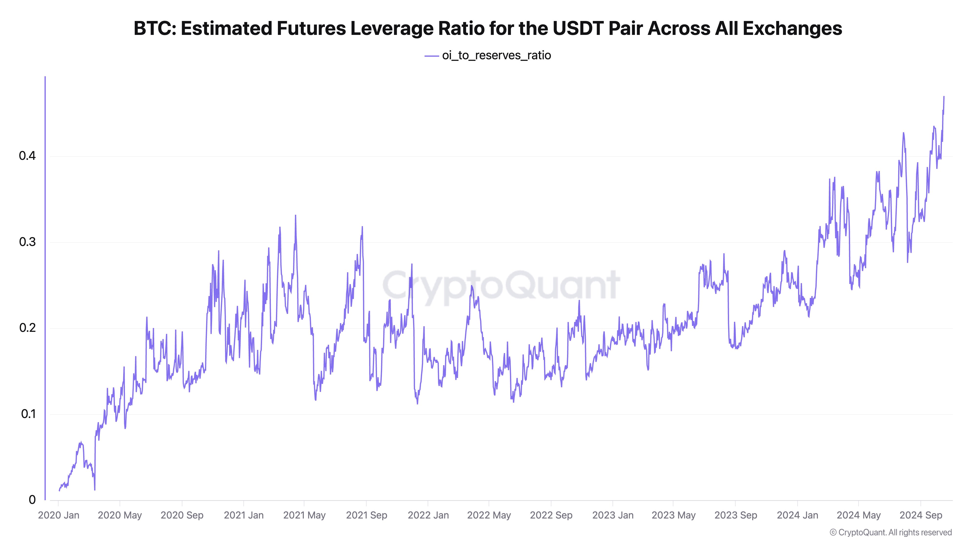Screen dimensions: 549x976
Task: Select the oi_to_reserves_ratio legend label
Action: click(496, 56)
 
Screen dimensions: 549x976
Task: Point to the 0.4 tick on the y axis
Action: click(27, 156)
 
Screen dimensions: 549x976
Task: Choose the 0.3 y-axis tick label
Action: click(27, 242)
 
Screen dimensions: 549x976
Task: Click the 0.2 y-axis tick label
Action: click(27, 328)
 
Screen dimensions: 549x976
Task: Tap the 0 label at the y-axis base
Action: click(32, 500)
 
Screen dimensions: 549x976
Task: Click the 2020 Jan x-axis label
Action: click(59, 515)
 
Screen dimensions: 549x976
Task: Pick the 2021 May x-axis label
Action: click(304, 515)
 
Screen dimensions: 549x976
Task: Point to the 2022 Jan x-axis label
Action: click(428, 515)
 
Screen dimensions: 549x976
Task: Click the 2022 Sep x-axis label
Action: click(551, 515)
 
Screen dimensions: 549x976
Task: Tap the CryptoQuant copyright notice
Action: click(890, 532)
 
